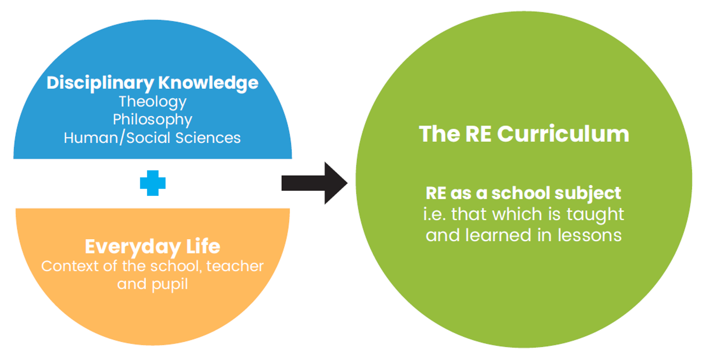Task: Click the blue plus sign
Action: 153,183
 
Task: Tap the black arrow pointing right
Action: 314,183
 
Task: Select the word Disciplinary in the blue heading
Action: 100,83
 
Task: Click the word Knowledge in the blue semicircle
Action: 208,83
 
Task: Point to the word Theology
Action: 153,103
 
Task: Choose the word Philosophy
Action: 153,120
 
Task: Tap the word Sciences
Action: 208,138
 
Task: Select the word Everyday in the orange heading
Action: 133,247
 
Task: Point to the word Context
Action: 70,267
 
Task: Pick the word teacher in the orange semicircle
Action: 235,267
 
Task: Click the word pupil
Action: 170,285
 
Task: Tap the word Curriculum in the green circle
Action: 563,134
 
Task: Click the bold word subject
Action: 587,194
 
